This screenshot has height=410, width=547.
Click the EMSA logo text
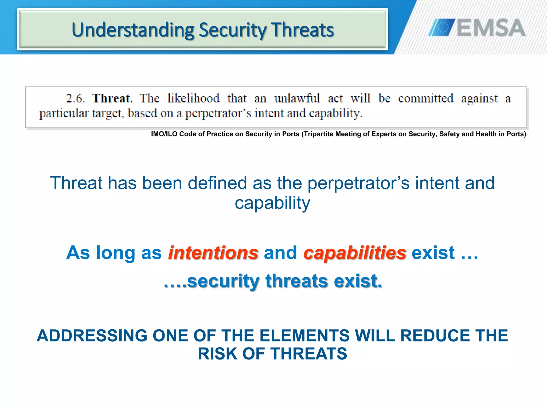[x=491, y=28]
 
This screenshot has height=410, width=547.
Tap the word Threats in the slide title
[x=303, y=30]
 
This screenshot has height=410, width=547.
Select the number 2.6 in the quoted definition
[x=75, y=98]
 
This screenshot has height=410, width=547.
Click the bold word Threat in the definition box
[x=111, y=98]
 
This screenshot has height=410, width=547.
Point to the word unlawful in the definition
[x=297, y=98]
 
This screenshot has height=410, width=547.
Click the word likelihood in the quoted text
[x=193, y=98]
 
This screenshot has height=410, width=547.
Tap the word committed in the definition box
[x=426, y=98]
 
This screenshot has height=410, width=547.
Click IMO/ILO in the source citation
[x=164, y=134]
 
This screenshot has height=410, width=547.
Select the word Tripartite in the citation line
[x=318, y=134]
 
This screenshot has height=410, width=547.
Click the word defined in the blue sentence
[x=217, y=183]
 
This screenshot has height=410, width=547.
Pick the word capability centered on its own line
[x=272, y=203]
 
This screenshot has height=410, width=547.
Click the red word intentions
[x=213, y=253]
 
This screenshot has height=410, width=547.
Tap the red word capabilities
[x=355, y=253]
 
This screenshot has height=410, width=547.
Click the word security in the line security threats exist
[x=223, y=281]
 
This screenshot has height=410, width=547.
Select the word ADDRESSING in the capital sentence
[x=92, y=336]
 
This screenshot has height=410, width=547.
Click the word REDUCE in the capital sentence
[x=435, y=336]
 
